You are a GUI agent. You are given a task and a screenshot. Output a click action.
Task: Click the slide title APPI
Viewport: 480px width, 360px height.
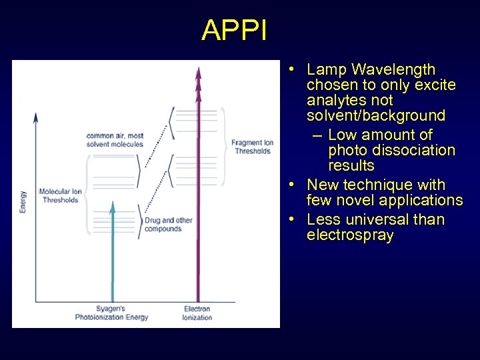(234, 31)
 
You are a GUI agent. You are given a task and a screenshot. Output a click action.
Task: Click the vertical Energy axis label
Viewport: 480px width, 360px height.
(23, 202)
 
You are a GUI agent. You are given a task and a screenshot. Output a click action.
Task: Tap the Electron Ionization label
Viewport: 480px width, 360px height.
(197, 313)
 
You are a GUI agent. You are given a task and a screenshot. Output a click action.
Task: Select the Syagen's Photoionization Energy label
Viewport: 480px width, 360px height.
(111, 313)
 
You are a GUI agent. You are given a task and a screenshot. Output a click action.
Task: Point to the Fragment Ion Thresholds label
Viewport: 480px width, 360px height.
(253, 147)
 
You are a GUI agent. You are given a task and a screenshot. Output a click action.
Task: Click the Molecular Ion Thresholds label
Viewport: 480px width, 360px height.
(60, 195)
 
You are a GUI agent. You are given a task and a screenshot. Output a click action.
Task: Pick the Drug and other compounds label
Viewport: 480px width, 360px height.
(163, 225)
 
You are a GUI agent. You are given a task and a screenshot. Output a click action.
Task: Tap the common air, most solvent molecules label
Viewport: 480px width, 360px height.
(115, 140)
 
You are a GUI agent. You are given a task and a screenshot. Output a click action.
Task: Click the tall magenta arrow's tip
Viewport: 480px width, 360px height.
(198, 69)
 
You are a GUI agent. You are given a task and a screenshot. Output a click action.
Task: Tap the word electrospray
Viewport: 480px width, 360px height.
(350, 235)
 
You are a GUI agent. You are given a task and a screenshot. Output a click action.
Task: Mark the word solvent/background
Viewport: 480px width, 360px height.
(375, 115)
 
